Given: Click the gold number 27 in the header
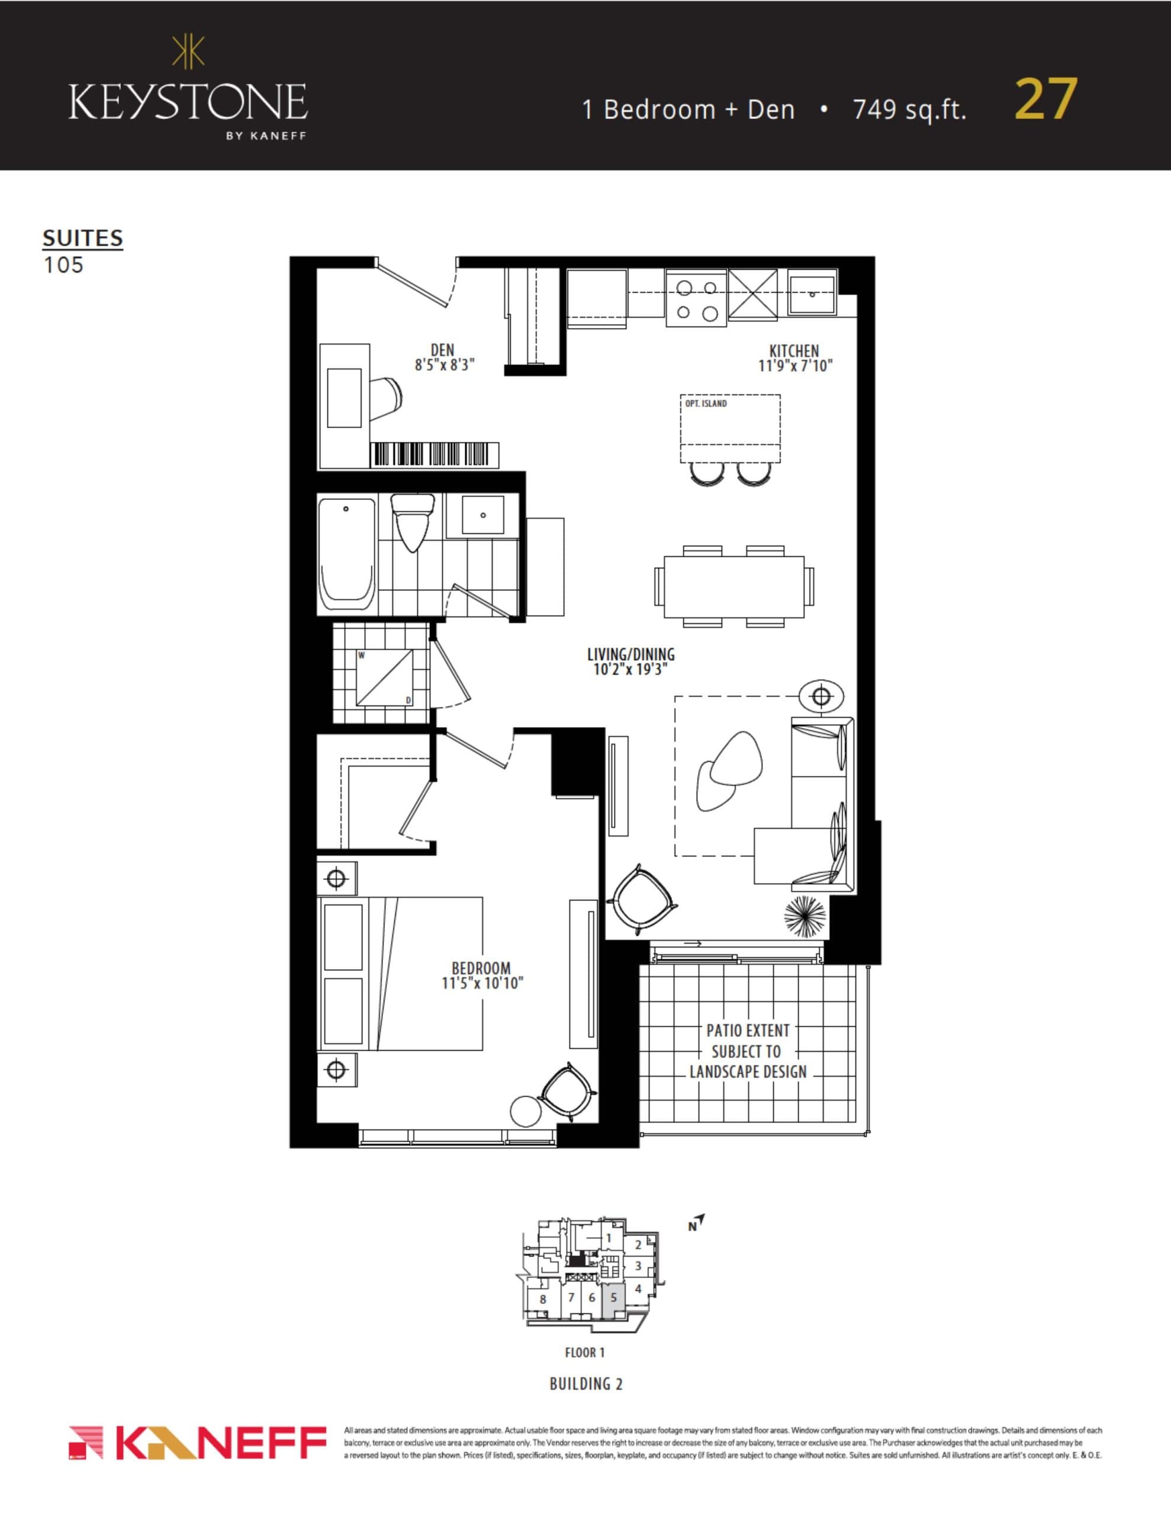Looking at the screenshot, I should [1045, 100].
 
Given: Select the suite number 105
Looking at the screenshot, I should [63, 265].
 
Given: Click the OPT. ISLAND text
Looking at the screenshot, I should [706, 403].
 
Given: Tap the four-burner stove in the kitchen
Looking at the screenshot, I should [696, 299].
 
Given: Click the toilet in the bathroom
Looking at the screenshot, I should [412, 520].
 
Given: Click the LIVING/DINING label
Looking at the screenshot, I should [630, 661].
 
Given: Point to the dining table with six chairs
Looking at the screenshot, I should [734, 586].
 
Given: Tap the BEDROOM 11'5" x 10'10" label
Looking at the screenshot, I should [482, 975].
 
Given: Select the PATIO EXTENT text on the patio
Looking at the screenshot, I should [748, 1031].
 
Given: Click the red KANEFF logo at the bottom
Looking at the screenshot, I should [198, 1443].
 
